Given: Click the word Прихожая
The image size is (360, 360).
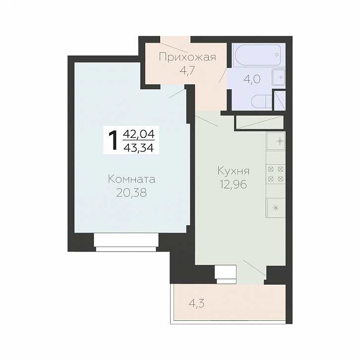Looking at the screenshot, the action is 187,57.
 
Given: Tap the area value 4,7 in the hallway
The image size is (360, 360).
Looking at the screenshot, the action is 187,70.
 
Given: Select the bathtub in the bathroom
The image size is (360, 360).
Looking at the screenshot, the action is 259,55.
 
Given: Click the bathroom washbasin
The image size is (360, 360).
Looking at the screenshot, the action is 279,77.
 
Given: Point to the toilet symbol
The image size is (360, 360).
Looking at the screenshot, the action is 262,101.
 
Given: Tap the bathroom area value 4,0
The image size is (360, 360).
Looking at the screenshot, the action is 252,79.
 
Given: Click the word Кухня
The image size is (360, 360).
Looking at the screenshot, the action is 233,171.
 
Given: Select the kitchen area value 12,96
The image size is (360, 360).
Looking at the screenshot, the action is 234,184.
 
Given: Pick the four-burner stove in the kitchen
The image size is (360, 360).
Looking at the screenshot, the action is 276,174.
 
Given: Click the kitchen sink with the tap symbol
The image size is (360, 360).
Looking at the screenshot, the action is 276,141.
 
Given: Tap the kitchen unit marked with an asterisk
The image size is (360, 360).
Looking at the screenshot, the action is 276,208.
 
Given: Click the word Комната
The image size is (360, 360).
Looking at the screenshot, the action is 132,180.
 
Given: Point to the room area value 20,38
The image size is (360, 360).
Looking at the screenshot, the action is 131,193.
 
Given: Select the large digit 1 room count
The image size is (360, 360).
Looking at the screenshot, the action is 114,140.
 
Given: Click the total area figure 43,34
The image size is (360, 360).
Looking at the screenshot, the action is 139,148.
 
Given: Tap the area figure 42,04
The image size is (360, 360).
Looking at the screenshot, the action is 139,133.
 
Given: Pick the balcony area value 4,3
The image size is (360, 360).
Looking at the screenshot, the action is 196,304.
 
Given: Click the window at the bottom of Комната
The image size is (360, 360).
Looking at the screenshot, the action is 126,242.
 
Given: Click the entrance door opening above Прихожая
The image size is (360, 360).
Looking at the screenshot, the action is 176,40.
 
